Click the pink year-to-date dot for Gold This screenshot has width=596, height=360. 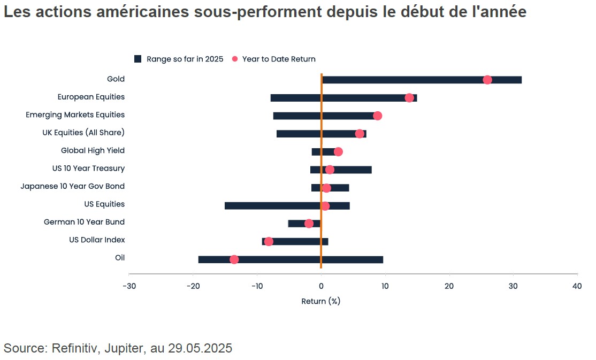487,80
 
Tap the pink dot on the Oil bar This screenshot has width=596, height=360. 234,259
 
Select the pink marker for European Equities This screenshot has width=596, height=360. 409,97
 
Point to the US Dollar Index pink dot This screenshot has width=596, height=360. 269,241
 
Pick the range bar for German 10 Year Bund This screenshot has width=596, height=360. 297,224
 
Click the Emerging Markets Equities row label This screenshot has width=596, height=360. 75,114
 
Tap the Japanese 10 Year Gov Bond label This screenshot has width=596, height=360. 72,186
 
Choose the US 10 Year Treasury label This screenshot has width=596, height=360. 88,168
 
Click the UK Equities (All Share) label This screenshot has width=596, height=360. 83,133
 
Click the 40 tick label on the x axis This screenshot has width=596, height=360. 577,286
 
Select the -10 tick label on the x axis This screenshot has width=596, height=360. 257,286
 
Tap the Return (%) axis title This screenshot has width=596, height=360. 321,301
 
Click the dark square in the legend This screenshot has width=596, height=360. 137,59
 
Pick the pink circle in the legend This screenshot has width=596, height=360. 234,59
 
